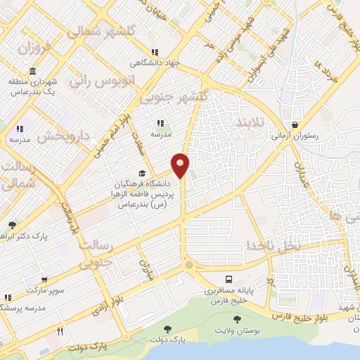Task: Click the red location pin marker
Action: coord(181,165)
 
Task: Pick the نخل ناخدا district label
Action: coord(273,245)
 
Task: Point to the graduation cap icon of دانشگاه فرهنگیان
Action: coord(142,173)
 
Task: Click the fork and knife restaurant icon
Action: coord(60,331)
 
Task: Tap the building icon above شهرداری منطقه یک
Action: coord(33,71)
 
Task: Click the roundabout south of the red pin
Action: coord(189,265)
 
